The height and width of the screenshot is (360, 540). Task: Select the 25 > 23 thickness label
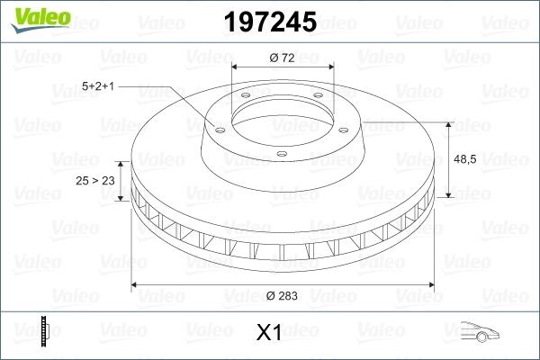pyautogui.click(x=95, y=182)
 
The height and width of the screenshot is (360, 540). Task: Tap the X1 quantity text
pyautogui.click(x=269, y=332)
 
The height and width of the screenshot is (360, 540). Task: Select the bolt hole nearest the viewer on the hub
pyautogui.click(x=282, y=154)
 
